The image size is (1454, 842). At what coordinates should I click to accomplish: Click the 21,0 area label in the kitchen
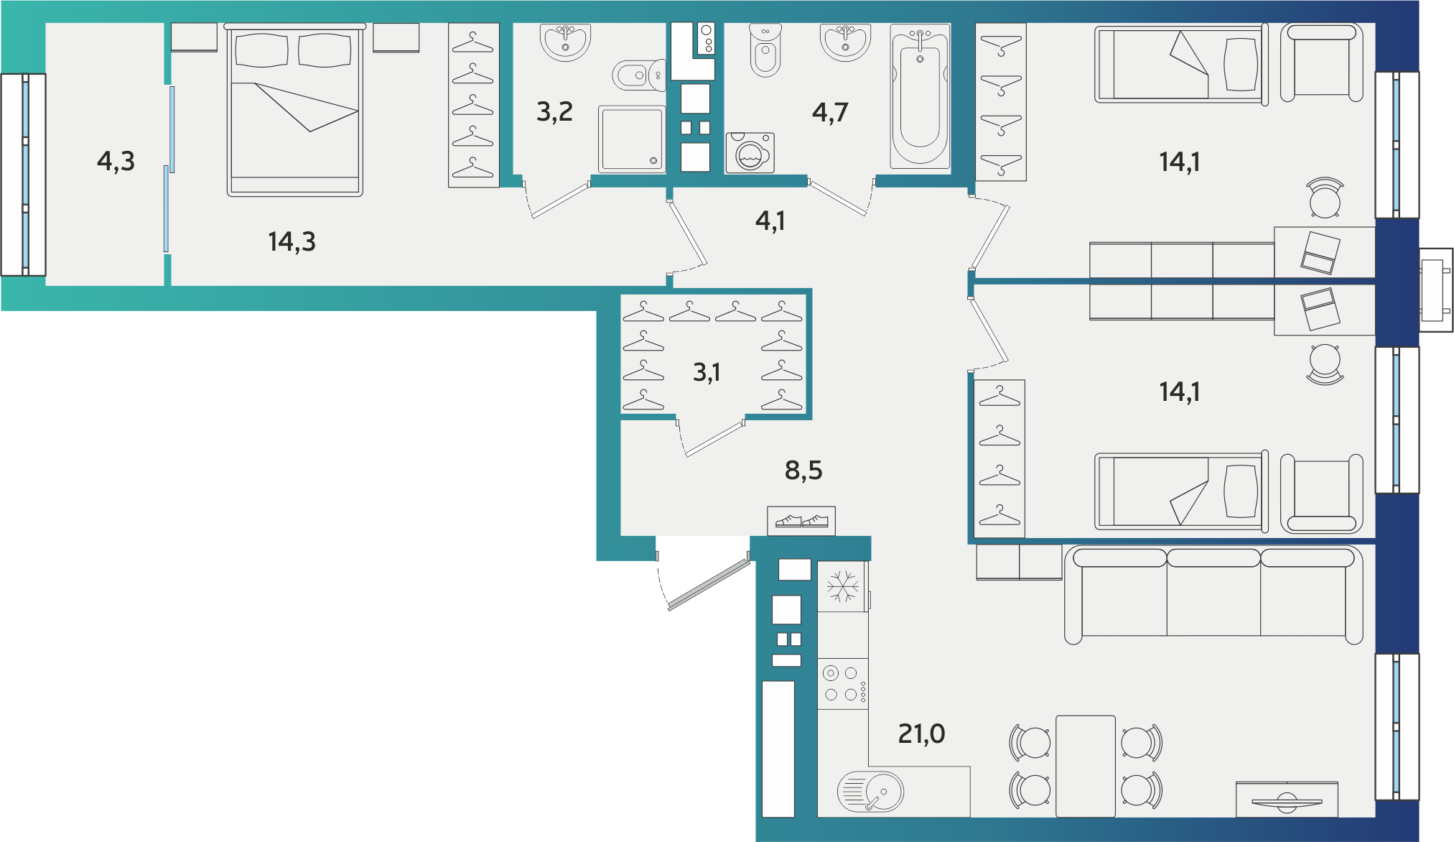click(921, 734)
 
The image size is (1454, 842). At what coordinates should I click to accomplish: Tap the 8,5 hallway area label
click(803, 471)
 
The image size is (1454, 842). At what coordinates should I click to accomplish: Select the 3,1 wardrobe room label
click(707, 372)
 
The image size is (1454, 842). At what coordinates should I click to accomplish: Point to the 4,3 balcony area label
click(116, 161)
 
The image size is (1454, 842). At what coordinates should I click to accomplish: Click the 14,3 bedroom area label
click(292, 241)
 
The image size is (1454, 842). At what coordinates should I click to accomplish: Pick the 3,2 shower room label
click(554, 111)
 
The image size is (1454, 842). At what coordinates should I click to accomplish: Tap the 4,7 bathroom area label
click(830, 112)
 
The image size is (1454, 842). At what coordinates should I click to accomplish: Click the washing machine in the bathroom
click(750, 153)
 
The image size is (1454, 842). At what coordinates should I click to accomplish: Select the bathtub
click(920, 96)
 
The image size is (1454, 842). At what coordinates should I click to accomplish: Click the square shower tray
click(632, 139)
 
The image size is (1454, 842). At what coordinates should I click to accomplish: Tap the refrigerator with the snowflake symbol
click(842, 586)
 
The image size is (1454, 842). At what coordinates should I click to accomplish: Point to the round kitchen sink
click(871, 792)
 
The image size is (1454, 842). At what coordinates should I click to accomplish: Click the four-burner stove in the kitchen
click(843, 684)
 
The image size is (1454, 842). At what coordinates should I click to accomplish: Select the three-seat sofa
click(1213, 595)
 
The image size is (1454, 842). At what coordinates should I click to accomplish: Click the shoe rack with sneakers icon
click(801, 521)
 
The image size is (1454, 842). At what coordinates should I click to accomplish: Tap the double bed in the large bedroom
click(294, 109)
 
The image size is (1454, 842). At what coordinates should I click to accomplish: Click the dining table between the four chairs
click(1086, 766)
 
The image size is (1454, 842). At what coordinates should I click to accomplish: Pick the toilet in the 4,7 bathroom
click(765, 50)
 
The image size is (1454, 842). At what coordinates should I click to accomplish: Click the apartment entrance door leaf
click(709, 585)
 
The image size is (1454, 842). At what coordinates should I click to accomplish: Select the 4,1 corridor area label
click(770, 221)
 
